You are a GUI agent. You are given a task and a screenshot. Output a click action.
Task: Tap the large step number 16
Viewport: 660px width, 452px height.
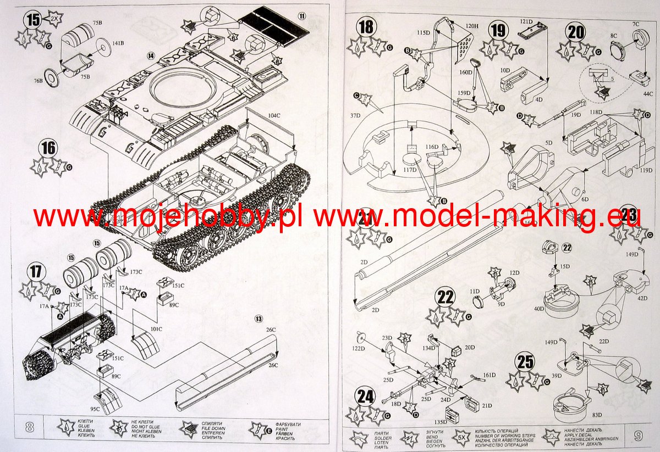click(48, 148)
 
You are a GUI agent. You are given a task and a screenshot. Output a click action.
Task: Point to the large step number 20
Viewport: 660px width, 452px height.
click(576, 32)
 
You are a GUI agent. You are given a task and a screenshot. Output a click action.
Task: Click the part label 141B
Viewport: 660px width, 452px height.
click(118, 42)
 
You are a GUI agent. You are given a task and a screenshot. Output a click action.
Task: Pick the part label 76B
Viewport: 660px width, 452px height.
click(38, 81)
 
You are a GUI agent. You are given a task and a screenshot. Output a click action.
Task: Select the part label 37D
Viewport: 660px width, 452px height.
click(355, 116)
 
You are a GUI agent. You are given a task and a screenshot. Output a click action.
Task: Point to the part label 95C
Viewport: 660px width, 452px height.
click(95, 409)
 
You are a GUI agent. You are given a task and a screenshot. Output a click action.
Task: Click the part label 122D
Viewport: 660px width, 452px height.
click(359, 348)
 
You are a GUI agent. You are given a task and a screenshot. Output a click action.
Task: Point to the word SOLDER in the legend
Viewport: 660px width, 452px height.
click(381, 438)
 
